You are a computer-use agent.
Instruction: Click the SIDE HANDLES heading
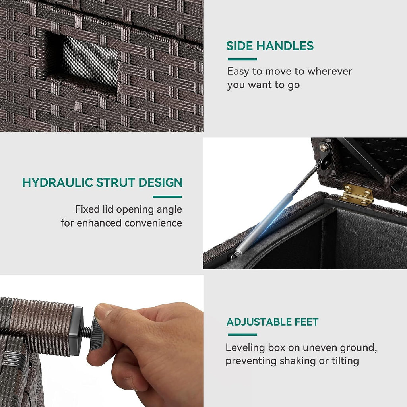coord(270,46)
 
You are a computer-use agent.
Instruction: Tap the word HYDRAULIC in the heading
coord(58,182)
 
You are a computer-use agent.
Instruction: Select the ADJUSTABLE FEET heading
coord(272,322)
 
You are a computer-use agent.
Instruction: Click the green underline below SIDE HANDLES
coord(242,60)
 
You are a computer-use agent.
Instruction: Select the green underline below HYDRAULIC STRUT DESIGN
coord(167,197)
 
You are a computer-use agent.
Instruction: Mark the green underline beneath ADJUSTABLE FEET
coord(242,335)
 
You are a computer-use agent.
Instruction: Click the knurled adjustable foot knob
coord(97,334)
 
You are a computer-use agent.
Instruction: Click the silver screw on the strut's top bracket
coord(324,148)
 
